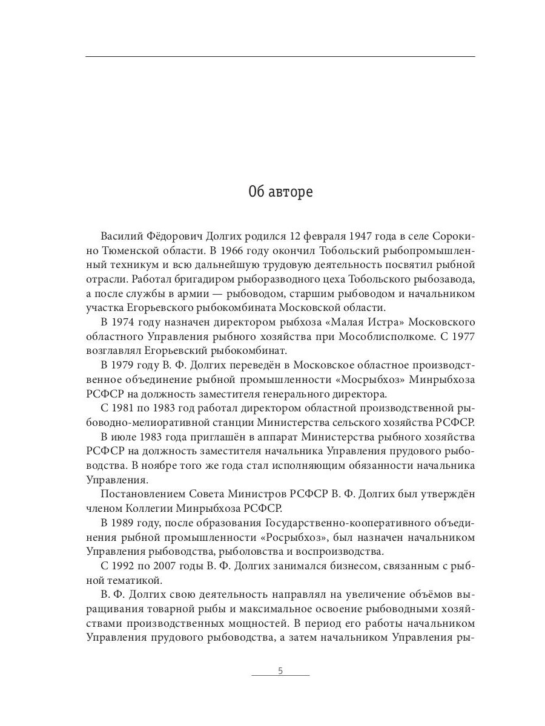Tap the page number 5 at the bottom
[x=280, y=671]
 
